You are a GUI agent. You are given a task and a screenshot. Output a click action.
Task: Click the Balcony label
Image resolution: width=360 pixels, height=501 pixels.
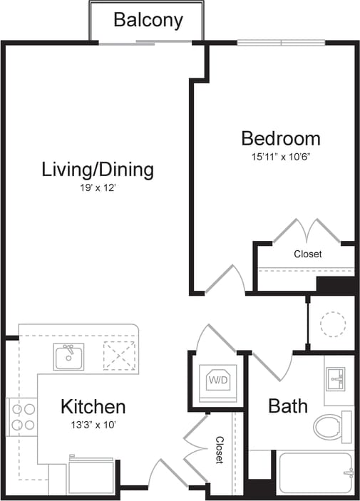coord(148,20)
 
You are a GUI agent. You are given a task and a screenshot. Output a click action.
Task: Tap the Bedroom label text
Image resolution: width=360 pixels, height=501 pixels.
coord(280,138)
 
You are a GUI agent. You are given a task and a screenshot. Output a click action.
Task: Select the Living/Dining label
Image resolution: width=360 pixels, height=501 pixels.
coord(98,170)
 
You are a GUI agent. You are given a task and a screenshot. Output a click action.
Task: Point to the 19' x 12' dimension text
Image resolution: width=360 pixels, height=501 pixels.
coord(98,188)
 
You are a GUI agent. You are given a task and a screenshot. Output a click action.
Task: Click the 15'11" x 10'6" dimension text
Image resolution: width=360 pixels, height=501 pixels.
coord(280,156)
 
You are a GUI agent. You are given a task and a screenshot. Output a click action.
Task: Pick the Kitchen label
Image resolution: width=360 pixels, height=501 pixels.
coord(93,407)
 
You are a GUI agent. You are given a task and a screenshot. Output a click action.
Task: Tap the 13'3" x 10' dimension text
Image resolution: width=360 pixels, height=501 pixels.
coord(93,425)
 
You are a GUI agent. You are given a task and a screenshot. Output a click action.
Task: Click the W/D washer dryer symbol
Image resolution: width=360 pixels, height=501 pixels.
coord(217,381)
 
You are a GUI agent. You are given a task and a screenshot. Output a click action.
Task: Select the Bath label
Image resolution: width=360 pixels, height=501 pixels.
coord(288,406)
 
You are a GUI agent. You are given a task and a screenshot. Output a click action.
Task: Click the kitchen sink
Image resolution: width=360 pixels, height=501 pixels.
coord(69,356)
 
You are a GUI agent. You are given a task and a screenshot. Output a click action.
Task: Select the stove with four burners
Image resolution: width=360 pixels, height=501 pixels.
coord(21,417)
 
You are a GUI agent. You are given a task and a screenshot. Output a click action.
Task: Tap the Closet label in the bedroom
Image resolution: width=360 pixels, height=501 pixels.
coord(307,254)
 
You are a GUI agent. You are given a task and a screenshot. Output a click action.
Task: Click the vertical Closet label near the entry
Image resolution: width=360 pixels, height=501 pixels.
coord(220,450)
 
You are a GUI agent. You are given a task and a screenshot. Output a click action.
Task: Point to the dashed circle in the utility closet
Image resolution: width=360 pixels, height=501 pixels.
coord(332,324)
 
